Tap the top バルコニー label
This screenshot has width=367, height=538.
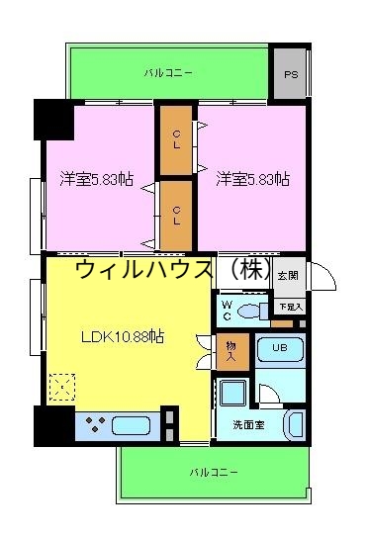(168, 73)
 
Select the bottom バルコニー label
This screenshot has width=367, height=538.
(214, 473)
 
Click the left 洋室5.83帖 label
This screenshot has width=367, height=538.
(96, 179)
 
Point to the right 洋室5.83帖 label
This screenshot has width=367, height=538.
(252, 179)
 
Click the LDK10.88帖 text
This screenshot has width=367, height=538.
(122, 336)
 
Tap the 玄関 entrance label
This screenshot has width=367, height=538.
(288, 275)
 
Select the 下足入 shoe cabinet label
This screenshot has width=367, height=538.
(290, 307)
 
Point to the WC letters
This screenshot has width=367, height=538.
(227, 310)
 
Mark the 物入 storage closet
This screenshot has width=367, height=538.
(229, 351)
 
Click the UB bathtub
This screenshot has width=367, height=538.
(280, 348)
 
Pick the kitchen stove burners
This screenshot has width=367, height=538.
(96, 427)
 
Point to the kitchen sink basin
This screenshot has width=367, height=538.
(131, 427)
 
